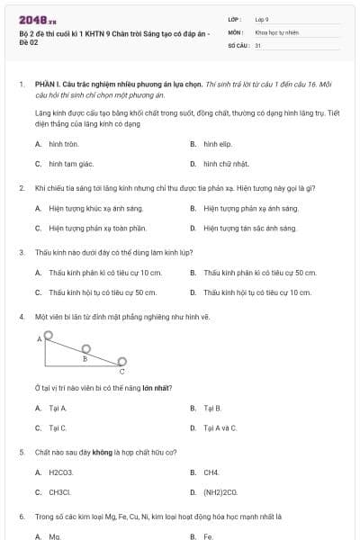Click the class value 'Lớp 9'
(262, 19)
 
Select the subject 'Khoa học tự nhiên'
(275, 31)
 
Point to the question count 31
(258, 44)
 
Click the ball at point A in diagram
(48, 336)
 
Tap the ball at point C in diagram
(121, 362)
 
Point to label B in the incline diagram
(85, 358)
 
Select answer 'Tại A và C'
(220, 427)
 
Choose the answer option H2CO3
(61, 472)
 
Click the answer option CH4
(211, 472)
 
